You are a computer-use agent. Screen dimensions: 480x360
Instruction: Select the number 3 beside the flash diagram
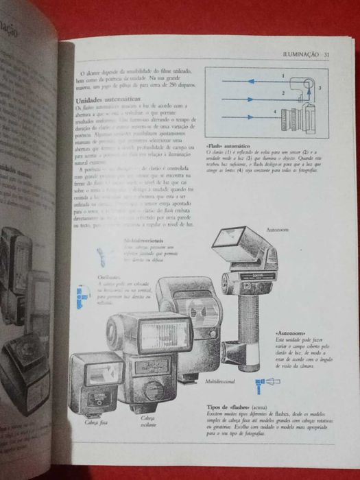pos(320,88)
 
